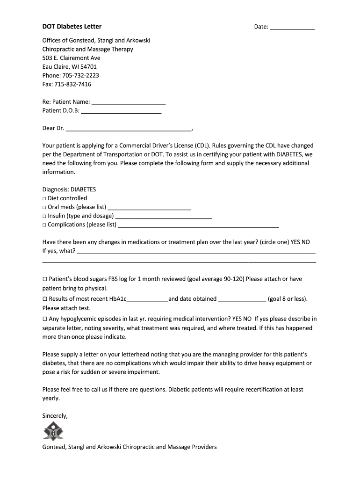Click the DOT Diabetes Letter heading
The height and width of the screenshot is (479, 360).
click(x=72, y=27)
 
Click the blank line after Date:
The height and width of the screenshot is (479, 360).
click(x=292, y=27)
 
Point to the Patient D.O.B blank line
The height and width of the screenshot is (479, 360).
click(x=121, y=111)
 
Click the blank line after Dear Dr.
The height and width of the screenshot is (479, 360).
click(x=129, y=128)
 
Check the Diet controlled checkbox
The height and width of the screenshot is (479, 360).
click(x=44, y=198)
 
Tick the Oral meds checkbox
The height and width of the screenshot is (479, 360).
click(x=44, y=207)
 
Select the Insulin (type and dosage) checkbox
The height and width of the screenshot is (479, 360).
click(x=44, y=216)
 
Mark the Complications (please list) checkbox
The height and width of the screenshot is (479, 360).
click(x=44, y=225)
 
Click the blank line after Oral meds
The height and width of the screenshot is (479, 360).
click(x=149, y=207)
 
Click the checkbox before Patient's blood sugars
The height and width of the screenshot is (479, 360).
click(x=45, y=279)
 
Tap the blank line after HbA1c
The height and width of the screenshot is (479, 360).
click(x=147, y=299)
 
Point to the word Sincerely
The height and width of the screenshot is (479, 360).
click(x=55, y=415)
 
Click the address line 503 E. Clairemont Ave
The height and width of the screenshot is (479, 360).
click(x=71, y=58)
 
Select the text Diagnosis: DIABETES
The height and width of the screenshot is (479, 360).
click(x=69, y=189)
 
